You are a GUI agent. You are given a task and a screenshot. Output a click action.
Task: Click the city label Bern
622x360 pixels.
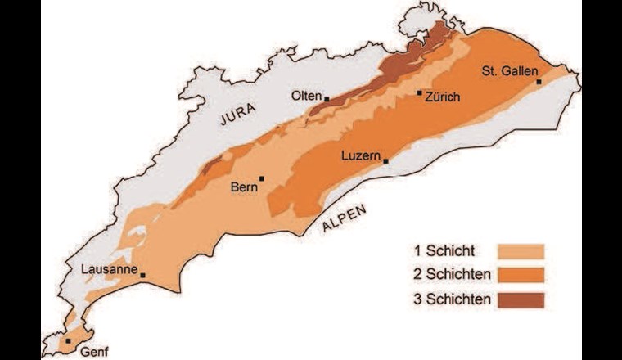(244, 187)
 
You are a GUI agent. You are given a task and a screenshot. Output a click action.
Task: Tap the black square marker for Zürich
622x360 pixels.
(420, 93)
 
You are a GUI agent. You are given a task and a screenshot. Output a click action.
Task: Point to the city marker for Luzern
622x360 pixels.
(385, 161)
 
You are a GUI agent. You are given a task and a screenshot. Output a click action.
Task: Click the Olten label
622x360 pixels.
(307, 96)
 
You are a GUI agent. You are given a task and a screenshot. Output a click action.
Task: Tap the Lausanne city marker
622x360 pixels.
(143, 276)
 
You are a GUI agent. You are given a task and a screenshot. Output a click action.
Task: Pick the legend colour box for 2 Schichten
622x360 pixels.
(520, 275)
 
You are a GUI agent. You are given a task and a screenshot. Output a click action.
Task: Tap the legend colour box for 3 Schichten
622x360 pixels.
(520, 299)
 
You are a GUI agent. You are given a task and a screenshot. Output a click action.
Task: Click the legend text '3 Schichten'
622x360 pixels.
(453, 299)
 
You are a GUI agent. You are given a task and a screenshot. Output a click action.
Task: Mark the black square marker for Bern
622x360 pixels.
(262, 178)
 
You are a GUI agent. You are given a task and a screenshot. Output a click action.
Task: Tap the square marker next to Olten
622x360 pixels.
(327, 99)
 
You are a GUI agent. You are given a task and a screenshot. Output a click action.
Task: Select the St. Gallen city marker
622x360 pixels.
(539, 82)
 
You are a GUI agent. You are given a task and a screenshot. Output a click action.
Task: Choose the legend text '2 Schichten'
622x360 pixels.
(453, 275)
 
